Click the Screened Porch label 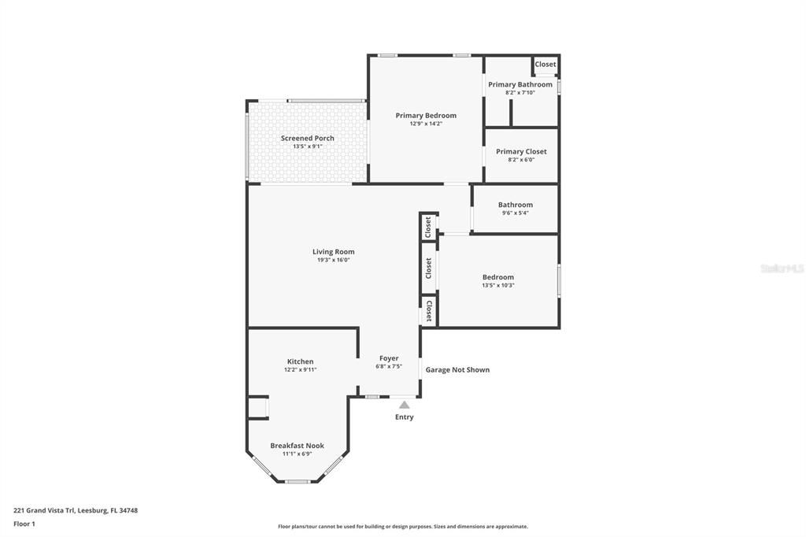[x=308, y=138]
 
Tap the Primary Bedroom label [x=426, y=116]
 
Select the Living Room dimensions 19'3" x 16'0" [x=333, y=260]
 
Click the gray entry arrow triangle [x=404, y=405]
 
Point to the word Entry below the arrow [x=404, y=417]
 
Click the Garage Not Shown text [x=457, y=369]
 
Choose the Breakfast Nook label [x=297, y=446]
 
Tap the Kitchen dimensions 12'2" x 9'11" [x=300, y=369]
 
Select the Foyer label [x=389, y=358]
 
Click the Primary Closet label [x=521, y=151]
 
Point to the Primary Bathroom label [x=520, y=84]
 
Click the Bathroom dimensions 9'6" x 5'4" [x=515, y=213]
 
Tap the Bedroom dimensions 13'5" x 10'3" [x=497, y=285]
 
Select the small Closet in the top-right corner [x=545, y=65]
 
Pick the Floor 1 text [x=24, y=524]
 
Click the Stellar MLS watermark [x=781, y=268]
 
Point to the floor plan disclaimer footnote [x=402, y=527]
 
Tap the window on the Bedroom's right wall [x=559, y=280]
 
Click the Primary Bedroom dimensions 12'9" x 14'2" [x=426, y=124]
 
